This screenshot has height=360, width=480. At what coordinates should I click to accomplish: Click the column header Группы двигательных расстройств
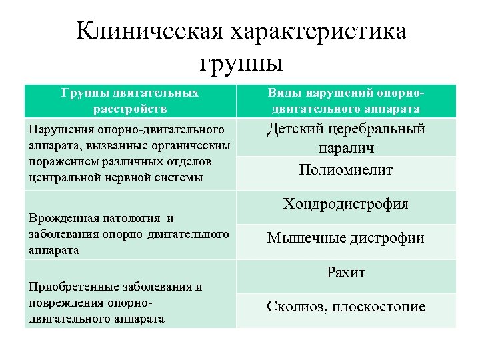tap(130, 100)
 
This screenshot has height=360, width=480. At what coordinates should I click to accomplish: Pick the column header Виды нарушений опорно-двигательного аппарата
tap(346, 100)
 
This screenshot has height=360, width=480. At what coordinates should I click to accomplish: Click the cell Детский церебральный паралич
tap(346, 137)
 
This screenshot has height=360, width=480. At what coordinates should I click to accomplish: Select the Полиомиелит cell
tap(346, 170)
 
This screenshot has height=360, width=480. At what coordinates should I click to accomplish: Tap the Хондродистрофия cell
tap(346, 204)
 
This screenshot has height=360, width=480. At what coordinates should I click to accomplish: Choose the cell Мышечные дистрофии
tap(346, 238)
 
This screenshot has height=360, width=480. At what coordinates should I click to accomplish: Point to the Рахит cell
tap(346, 272)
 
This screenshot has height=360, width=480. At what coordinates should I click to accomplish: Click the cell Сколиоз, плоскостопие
tap(346, 307)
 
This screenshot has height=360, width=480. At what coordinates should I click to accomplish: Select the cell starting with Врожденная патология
tap(130, 234)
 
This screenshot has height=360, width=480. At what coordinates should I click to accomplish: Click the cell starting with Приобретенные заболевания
tap(130, 303)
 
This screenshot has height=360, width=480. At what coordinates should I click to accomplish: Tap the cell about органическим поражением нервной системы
tap(130, 153)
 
